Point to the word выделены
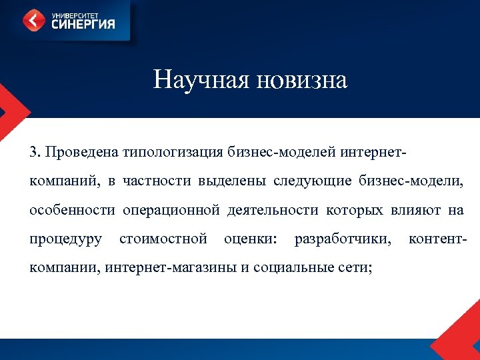pyautogui.click(x=218, y=181)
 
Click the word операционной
pyautogui.click(x=171, y=210)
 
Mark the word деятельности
pyautogui.click(x=273, y=210)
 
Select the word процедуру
pyautogui.click(x=65, y=239)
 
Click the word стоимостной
pyautogui.click(x=163, y=239)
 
